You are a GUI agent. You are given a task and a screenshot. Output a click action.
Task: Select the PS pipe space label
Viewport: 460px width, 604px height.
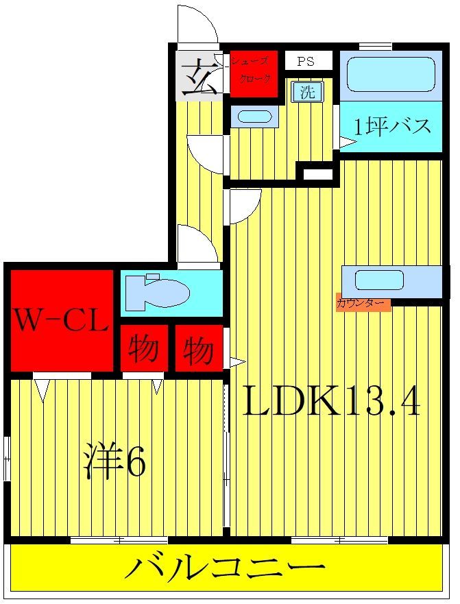pyautogui.click(x=306, y=61)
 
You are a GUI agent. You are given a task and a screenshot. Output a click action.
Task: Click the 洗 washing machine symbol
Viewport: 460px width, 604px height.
pyautogui.click(x=308, y=92)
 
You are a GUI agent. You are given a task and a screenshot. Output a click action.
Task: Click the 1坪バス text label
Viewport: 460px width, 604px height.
pyautogui.click(x=392, y=127)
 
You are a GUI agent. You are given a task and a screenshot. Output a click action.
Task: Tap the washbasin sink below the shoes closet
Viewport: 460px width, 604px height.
pyautogui.click(x=254, y=116)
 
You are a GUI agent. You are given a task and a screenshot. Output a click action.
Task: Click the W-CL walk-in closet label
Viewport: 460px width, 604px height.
pyautogui.click(x=61, y=321)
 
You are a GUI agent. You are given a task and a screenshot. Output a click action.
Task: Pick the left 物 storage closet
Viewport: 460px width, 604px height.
pyautogui.click(x=145, y=350)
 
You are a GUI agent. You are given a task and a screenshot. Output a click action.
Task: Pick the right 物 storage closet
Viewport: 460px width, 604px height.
pyautogui.click(x=198, y=350)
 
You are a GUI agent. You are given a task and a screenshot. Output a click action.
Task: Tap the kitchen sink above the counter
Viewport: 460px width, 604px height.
pyautogui.click(x=379, y=280)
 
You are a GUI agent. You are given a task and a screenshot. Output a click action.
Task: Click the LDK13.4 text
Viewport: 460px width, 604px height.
pyautogui.click(x=330, y=403)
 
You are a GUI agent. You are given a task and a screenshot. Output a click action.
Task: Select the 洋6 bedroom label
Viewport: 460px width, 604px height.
pyautogui.click(x=114, y=464)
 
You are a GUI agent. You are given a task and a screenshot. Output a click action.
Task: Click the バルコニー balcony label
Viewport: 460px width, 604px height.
pyautogui.click(x=225, y=568)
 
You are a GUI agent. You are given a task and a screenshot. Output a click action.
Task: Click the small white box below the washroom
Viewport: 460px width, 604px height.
pyautogui.click(x=317, y=174)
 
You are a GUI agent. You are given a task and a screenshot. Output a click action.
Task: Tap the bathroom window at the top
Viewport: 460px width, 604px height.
pyautogui.click(x=375, y=47)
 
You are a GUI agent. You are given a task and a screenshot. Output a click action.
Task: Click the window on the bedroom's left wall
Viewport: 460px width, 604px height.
pyautogui.click(x=6, y=458)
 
